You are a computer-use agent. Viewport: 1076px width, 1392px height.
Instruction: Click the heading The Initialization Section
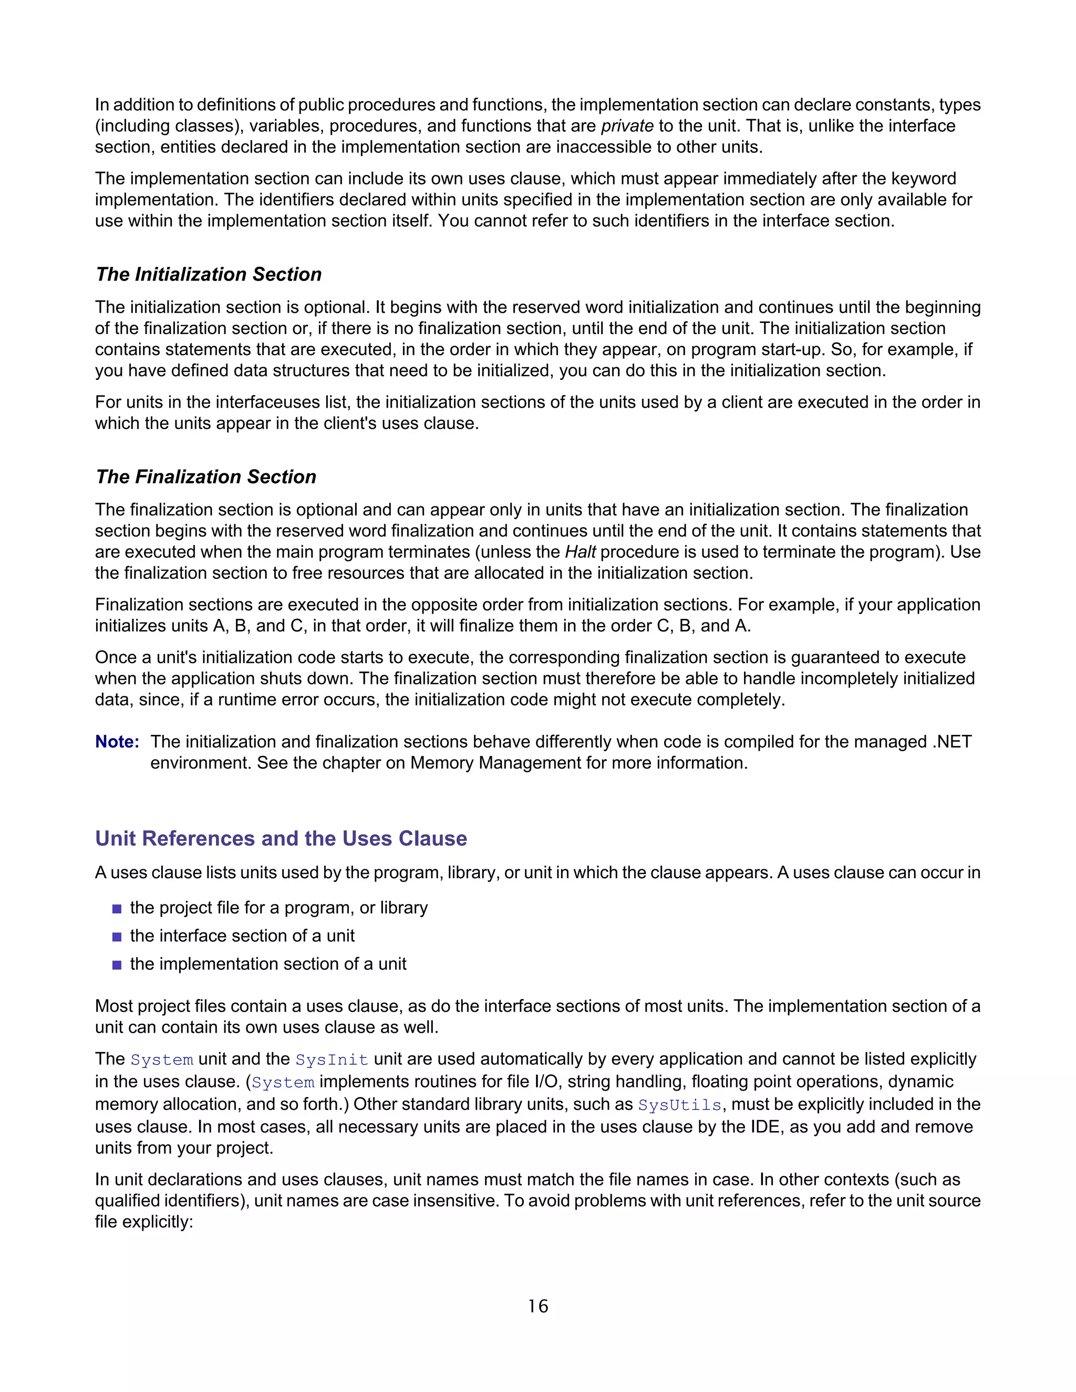point(209,274)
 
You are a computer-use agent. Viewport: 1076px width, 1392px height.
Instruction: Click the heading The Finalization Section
point(206,477)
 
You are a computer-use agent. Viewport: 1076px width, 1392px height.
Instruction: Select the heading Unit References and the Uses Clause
point(281,838)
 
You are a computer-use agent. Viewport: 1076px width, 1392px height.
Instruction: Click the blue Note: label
point(117,742)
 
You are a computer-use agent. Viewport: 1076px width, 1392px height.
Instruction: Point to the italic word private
point(627,126)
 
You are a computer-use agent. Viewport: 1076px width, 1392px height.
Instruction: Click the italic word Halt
point(580,552)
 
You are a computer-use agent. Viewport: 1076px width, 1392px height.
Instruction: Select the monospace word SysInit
point(332,1059)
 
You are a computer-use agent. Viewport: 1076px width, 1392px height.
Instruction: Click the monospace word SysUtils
point(679,1105)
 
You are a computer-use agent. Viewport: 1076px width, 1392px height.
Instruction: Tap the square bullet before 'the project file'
point(117,909)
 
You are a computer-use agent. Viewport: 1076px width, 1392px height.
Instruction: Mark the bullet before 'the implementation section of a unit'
point(117,965)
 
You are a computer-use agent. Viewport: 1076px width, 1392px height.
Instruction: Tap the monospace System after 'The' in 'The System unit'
point(161,1059)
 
